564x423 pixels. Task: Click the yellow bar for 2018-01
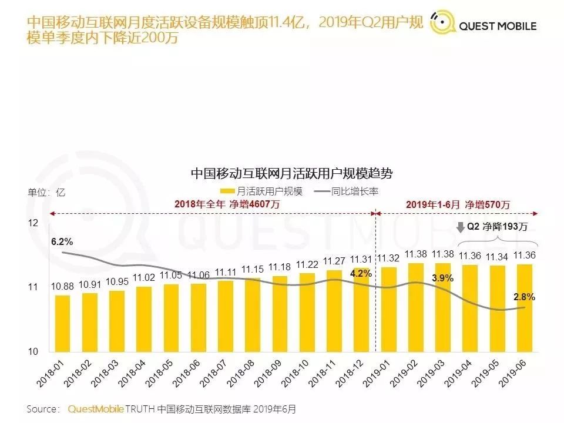[x=62, y=323]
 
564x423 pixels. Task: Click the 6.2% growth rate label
[x=62, y=241]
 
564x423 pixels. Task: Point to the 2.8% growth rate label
[x=524, y=297]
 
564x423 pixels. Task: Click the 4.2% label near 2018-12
[x=361, y=273]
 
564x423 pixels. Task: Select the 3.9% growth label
[x=442, y=278]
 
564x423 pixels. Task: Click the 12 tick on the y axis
[x=33, y=223]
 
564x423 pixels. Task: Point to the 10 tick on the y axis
[x=33, y=351]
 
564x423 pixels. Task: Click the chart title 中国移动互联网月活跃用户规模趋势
[x=291, y=174]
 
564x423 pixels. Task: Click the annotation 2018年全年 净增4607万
[x=227, y=204]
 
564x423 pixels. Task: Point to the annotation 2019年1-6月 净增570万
[x=458, y=204]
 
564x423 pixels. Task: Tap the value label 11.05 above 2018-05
[x=171, y=275]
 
